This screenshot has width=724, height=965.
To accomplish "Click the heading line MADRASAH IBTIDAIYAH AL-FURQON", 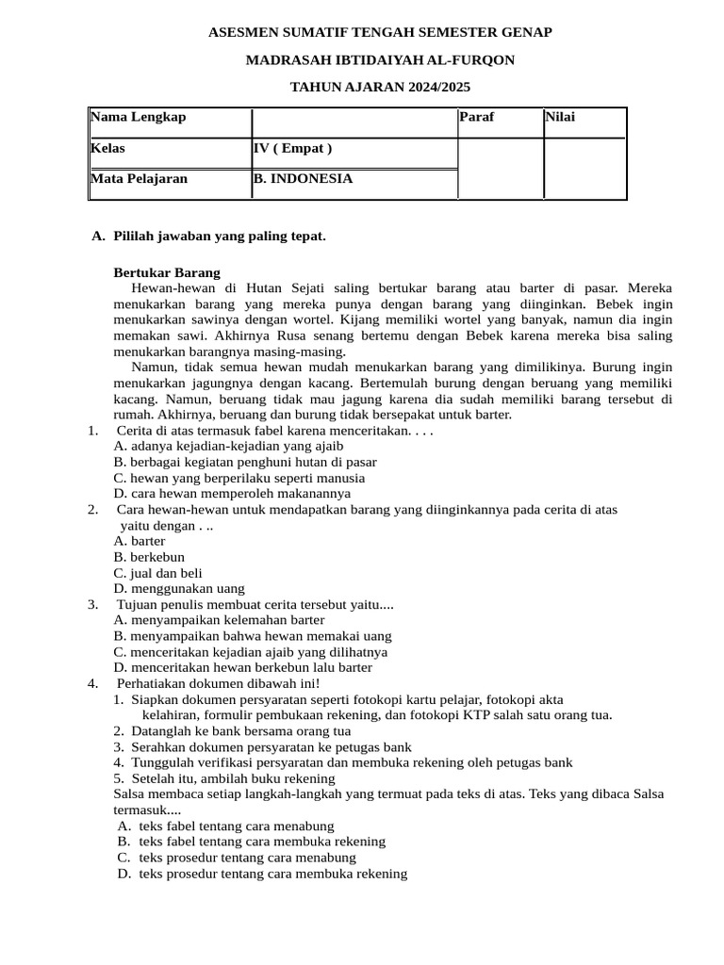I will [380, 60].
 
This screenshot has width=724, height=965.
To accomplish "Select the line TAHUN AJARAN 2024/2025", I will [380, 88].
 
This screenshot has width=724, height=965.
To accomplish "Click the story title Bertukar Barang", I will [167, 272].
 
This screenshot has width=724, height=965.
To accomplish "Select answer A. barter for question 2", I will [140, 541].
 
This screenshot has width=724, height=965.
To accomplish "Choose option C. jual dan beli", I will [157, 573].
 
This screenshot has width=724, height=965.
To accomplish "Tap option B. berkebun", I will [149, 557].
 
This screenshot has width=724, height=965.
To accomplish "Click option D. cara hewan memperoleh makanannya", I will [232, 493].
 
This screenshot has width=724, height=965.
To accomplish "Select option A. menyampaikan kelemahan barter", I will [219, 620].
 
